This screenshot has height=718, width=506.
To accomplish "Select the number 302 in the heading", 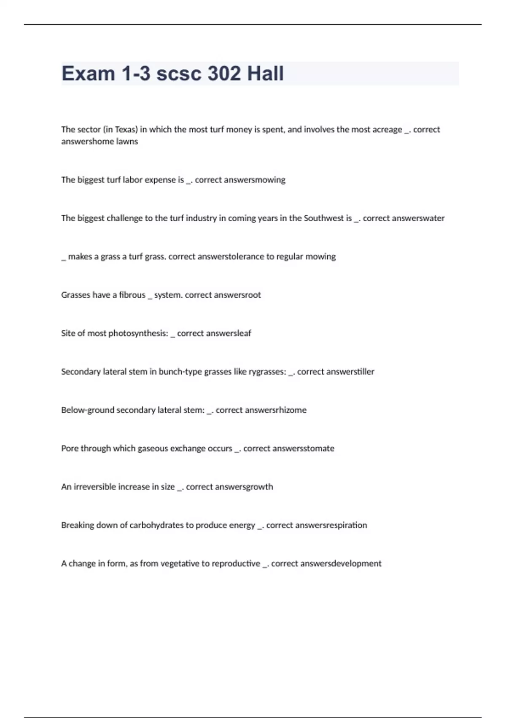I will pos(225,73).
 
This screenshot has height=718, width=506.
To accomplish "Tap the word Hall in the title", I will pos(265,73).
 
